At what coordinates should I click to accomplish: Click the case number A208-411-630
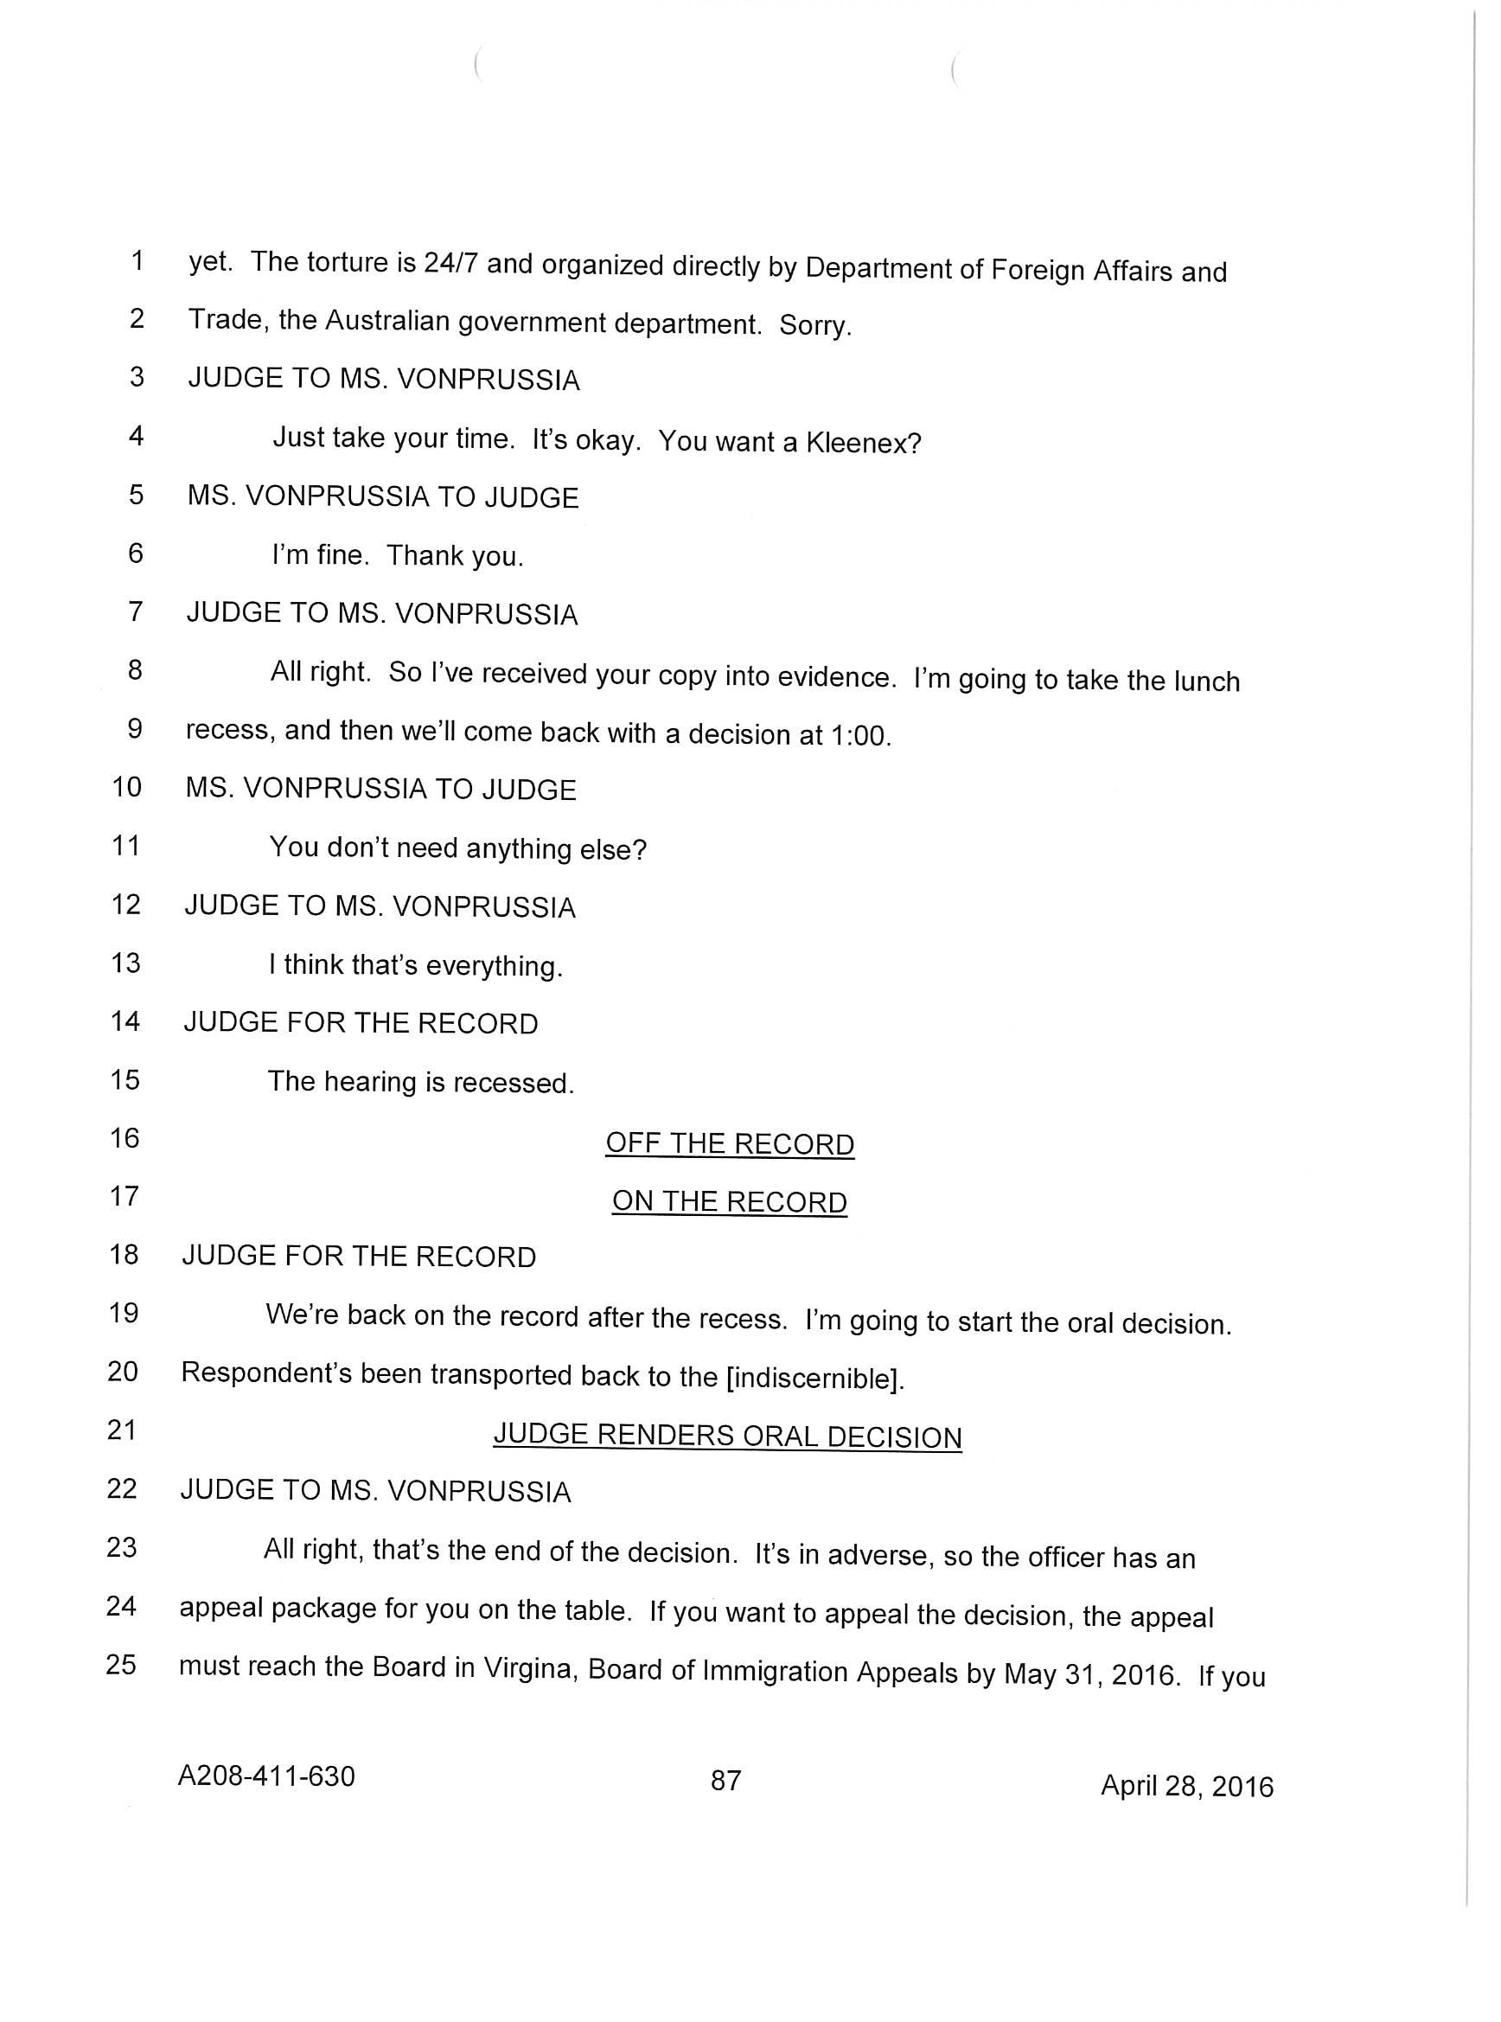[x=265, y=1776]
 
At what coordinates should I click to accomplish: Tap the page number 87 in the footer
[x=725, y=1780]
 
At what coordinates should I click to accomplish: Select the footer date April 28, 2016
[x=1186, y=1787]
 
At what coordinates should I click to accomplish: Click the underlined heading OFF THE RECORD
[x=730, y=1143]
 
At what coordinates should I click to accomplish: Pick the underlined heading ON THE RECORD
[x=730, y=1201]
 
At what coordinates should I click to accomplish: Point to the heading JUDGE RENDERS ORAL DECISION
[x=727, y=1436]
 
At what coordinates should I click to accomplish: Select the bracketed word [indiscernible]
[x=815, y=1379]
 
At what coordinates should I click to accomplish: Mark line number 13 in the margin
[x=125, y=963]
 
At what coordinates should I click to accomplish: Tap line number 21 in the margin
[x=122, y=1430]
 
